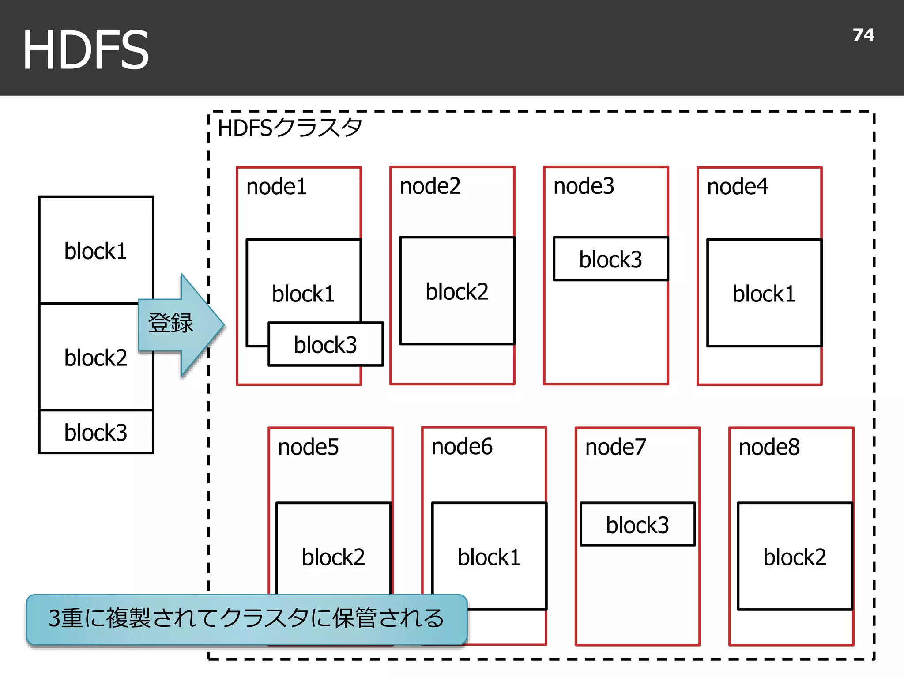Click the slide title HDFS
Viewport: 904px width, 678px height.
(86, 49)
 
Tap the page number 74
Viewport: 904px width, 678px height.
(863, 35)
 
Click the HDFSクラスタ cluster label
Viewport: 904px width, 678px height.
(290, 128)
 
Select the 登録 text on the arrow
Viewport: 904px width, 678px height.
(170, 323)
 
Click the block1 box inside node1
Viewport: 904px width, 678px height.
(303, 282)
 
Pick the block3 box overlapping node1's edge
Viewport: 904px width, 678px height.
(326, 345)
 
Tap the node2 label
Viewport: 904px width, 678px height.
(430, 186)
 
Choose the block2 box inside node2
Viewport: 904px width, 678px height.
(457, 291)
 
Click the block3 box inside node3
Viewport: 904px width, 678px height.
(610, 259)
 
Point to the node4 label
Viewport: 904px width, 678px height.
(737, 186)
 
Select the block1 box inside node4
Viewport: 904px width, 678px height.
(764, 294)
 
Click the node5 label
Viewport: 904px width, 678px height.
(308, 447)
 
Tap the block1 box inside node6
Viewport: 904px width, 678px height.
(489, 557)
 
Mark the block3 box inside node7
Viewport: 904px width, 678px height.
(637, 525)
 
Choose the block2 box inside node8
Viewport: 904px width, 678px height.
(795, 557)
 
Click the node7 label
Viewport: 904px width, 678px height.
(615, 447)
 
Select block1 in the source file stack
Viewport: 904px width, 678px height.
(95, 251)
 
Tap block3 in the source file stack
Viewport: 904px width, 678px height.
(95, 432)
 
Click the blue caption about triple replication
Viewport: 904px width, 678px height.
(246, 618)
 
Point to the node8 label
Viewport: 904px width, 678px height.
(769, 447)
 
